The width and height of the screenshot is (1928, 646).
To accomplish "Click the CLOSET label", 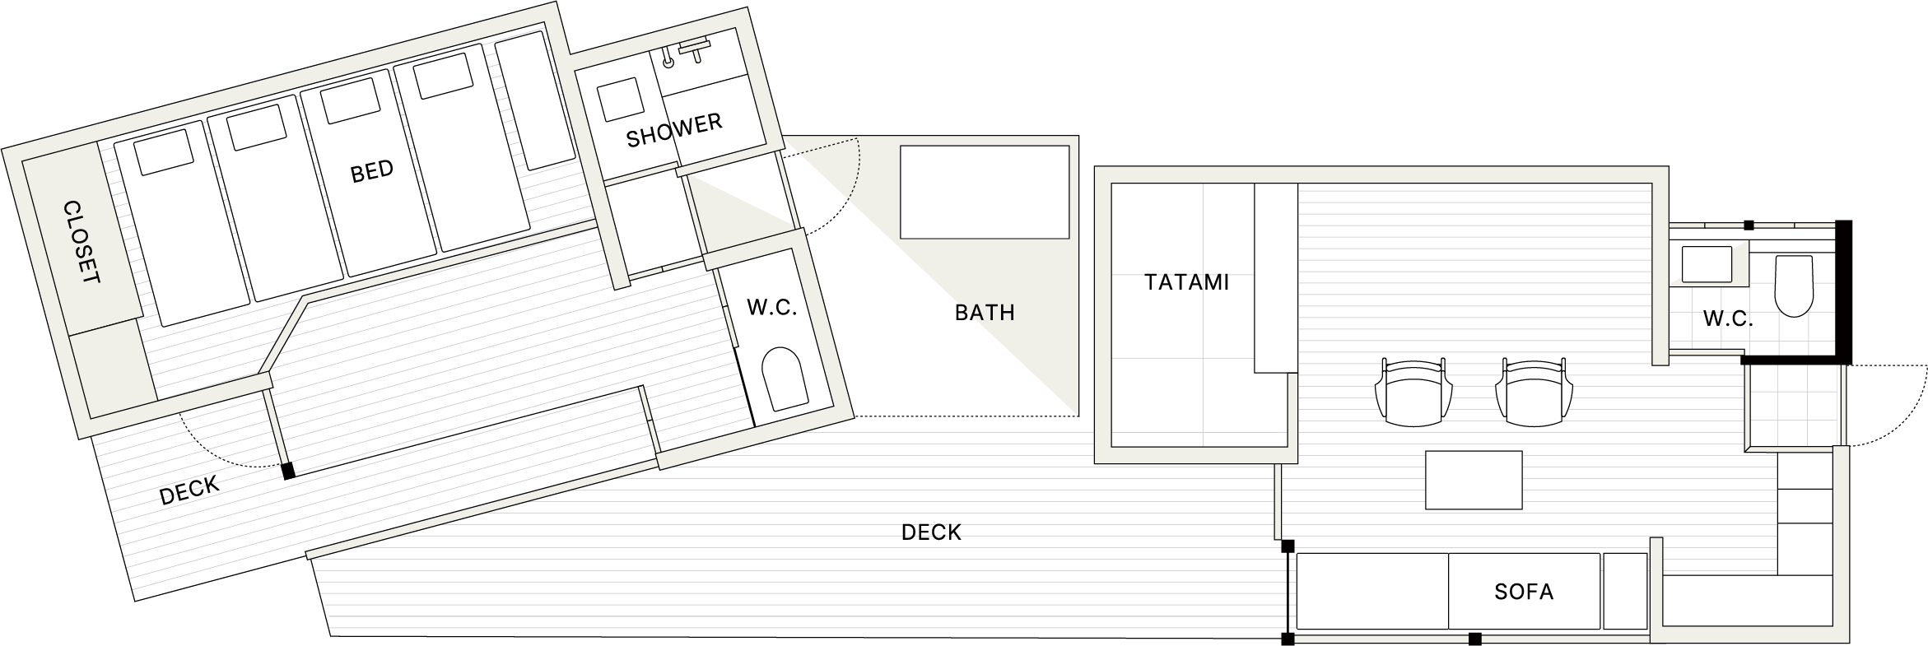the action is coord(81,243).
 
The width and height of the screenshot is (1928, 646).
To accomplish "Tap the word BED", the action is coord(372,172).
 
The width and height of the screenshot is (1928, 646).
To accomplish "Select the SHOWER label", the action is coord(674,130).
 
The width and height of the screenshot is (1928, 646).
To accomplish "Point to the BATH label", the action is coord(985,313).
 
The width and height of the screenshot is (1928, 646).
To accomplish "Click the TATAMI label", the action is coord(1186,282).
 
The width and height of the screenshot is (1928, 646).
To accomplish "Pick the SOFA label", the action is coord(1524,592).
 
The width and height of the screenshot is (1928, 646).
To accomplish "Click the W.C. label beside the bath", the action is coord(771,308).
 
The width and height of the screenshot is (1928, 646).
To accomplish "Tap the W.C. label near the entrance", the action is coord(1728,319).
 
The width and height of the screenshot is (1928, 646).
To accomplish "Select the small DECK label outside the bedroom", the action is coord(190,490).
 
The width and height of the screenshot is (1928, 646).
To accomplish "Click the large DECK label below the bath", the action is coord(931,532).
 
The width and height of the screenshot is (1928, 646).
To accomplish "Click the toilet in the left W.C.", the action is coord(784,379).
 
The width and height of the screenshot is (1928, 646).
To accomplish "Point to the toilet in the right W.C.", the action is coord(1795,286).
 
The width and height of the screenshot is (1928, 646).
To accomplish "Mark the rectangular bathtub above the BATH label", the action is coord(985,192).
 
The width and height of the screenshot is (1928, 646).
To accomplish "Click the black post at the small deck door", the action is coord(288,472).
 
